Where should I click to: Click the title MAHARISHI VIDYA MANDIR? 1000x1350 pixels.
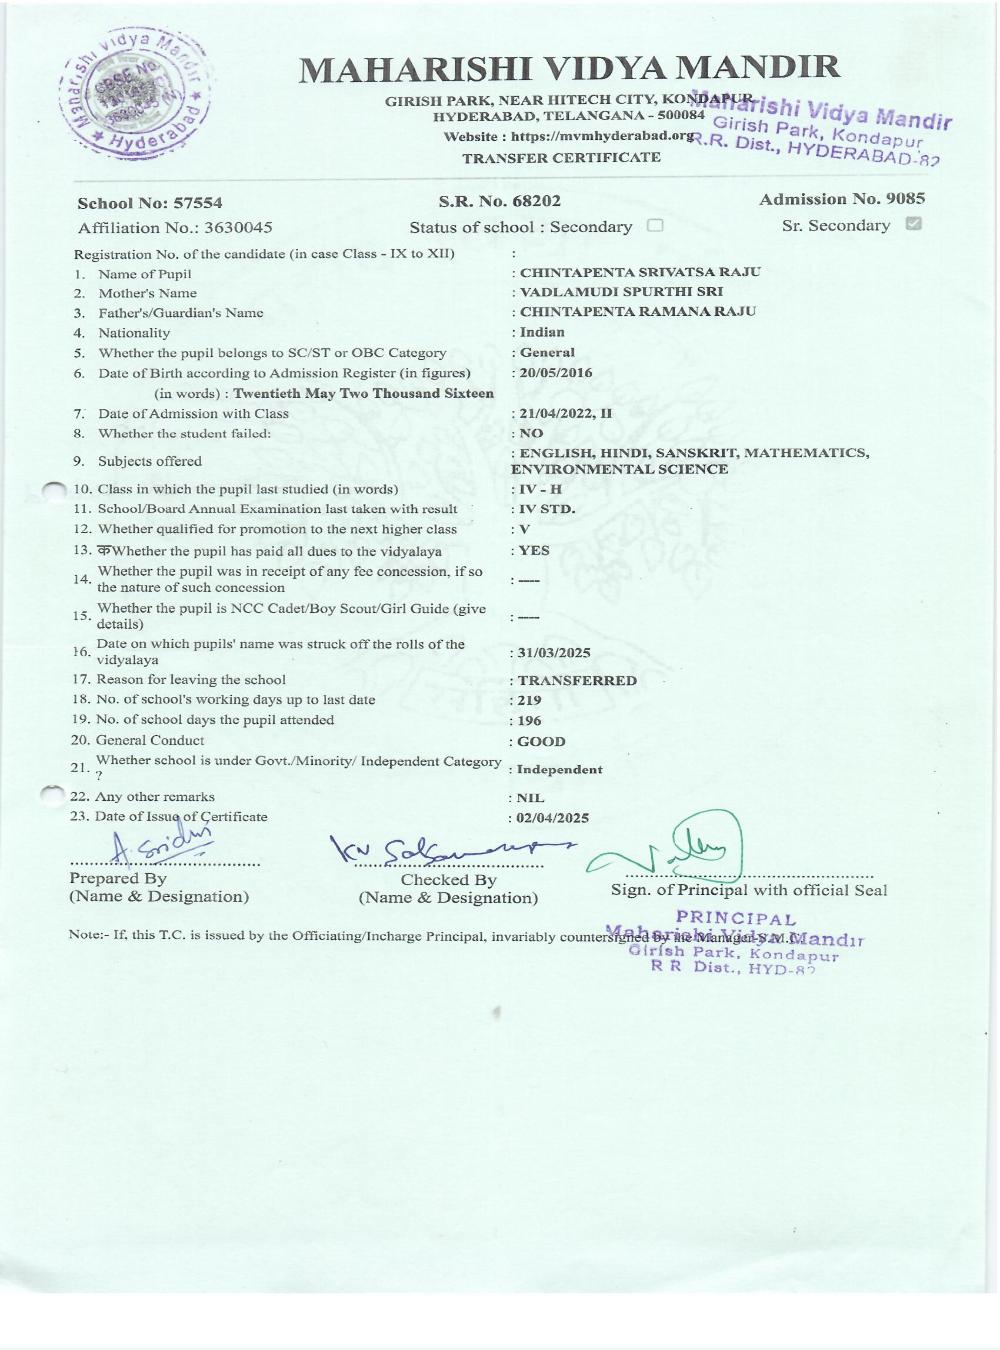(x=570, y=69)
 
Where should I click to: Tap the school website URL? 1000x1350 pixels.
(x=569, y=137)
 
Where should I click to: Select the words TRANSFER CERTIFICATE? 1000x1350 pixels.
(x=561, y=158)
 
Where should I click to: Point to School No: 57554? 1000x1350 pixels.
(x=150, y=203)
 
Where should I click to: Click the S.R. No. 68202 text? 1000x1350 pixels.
(x=500, y=202)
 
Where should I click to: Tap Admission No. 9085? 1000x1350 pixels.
(x=842, y=199)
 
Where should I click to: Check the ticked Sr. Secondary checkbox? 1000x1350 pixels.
(x=912, y=224)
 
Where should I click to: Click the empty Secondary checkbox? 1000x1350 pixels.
(x=655, y=226)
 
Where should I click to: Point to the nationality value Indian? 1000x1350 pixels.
(x=542, y=332)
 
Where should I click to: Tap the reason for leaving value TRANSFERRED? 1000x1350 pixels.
(x=577, y=680)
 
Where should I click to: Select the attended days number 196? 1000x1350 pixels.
(x=529, y=720)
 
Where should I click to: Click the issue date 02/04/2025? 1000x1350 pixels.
(x=553, y=818)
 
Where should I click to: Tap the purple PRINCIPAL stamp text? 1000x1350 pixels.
(x=736, y=918)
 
